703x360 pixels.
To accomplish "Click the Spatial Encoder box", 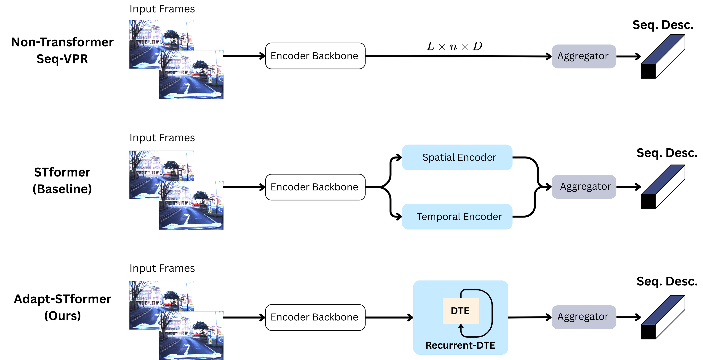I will (457, 157).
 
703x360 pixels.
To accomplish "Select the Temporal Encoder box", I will (457, 217).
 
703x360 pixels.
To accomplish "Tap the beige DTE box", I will (460, 311).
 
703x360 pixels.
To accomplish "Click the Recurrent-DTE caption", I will (460, 345).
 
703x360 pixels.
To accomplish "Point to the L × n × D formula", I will (454, 46).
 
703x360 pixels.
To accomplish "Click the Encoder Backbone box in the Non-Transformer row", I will (315, 56).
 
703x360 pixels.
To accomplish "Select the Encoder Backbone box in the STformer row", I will (315, 187).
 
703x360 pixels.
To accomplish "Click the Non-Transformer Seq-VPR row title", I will (62, 50).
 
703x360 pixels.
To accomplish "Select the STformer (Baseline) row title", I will (62, 181).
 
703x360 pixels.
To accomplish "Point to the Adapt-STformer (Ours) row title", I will (62, 307).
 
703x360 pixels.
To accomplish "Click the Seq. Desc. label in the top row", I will (663, 25).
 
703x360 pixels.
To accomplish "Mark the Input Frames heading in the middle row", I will (162, 138).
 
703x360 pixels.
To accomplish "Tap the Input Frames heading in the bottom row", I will (162, 268).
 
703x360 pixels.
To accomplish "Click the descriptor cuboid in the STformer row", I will (663, 187).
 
